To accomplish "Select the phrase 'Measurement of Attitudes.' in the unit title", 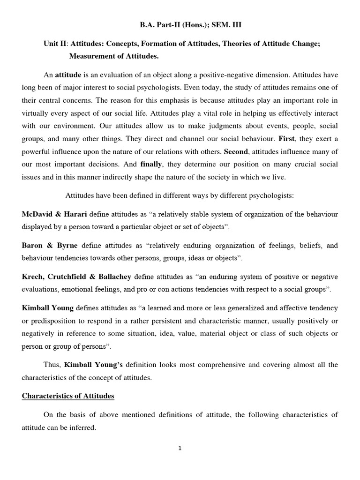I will pyautogui.click(x=114, y=57).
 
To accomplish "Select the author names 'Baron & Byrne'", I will pyautogui.click(x=51, y=245).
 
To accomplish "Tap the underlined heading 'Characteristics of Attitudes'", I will pyautogui.click(x=68, y=396).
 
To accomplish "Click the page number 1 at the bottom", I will pyautogui.click(x=180, y=448).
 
